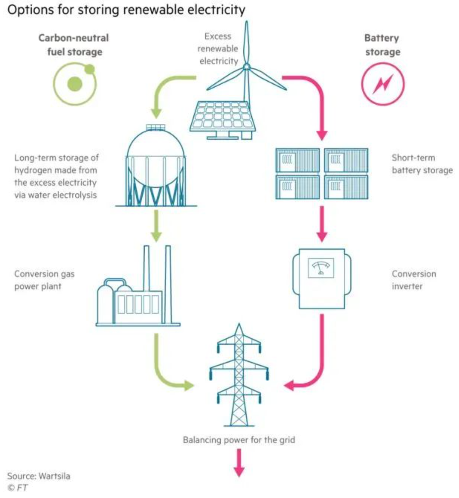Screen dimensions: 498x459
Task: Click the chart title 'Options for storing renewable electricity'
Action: (x=126, y=10)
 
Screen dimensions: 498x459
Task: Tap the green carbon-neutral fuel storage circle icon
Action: (x=75, y=83)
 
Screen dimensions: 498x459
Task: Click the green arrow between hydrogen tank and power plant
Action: (x=156, y=225)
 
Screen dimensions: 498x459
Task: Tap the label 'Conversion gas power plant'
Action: (x=45, y=280)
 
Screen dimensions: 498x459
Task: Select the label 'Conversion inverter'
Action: (x=414, y=280)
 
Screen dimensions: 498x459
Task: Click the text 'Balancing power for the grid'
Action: (x=239, y=440)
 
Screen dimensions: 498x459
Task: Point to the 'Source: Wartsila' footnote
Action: (x=39, y=476)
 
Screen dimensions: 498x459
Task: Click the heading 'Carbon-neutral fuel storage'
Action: (x=73, y=45)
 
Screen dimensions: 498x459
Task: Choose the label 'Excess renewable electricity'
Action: (x=218, y=49)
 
